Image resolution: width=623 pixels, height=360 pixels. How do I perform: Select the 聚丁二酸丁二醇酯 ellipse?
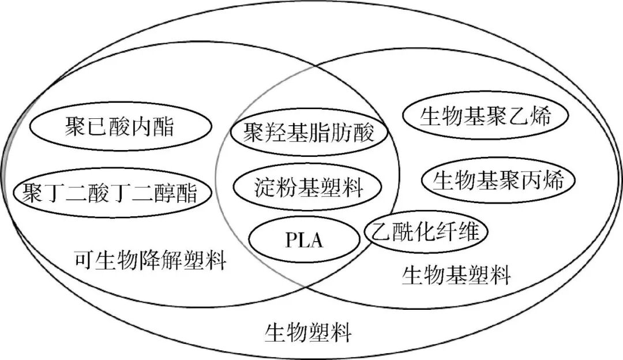pyautogui.click(x=110, y=193)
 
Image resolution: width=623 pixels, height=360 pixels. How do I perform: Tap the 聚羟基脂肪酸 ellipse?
pyautogui.click(x=309, y=133)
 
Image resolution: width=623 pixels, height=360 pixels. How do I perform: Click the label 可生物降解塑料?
pyautogui.click(x=150, y=261)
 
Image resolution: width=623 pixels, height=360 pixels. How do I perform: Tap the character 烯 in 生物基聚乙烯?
pyautogui.click(x=541, y=117)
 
